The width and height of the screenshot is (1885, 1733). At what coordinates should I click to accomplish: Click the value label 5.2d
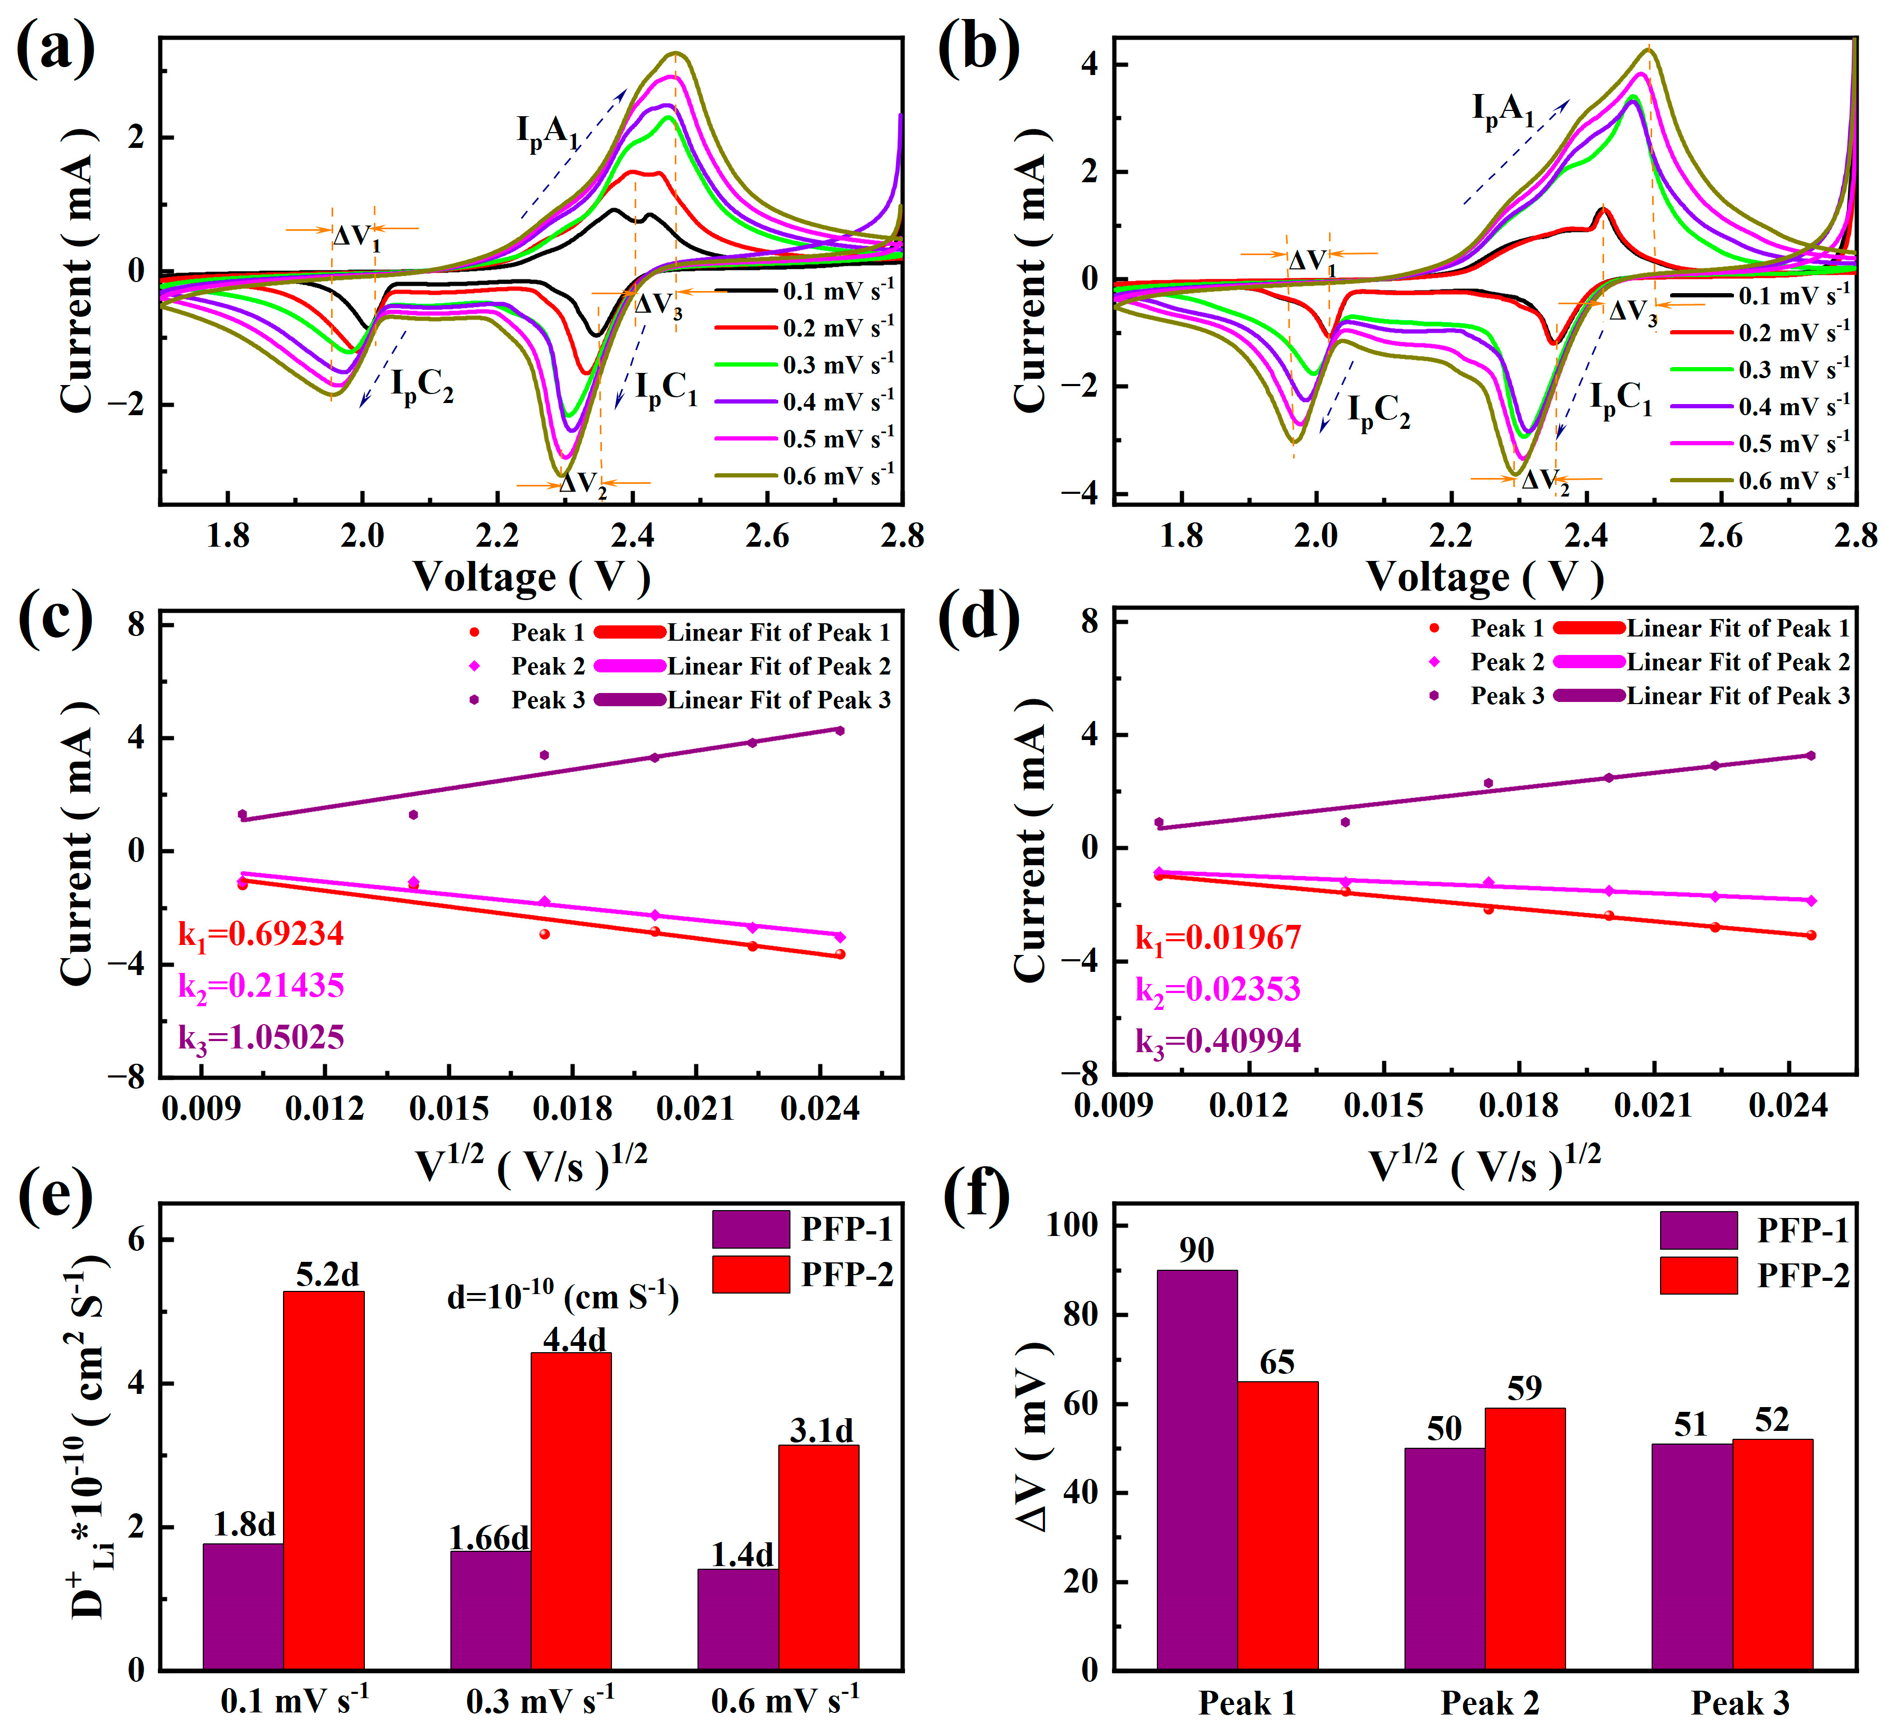tap(327, 1276)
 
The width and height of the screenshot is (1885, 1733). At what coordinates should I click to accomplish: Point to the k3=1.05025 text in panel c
tap(261, 1038)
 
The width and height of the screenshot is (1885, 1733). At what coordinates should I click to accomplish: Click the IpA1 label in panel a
tap(549, 132)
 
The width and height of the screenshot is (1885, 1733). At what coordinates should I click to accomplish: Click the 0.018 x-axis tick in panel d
tap(1518, 1106)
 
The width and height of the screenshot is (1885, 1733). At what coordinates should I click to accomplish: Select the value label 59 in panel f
tap(1524, 1388)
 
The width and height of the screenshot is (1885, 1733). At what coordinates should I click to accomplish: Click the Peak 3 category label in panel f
tap(1740, 1702)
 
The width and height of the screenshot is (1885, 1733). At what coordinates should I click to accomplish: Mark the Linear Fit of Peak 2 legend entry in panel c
tap(778, 667)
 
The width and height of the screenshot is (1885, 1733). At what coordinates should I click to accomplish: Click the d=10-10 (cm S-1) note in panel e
tap(562, 1297)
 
